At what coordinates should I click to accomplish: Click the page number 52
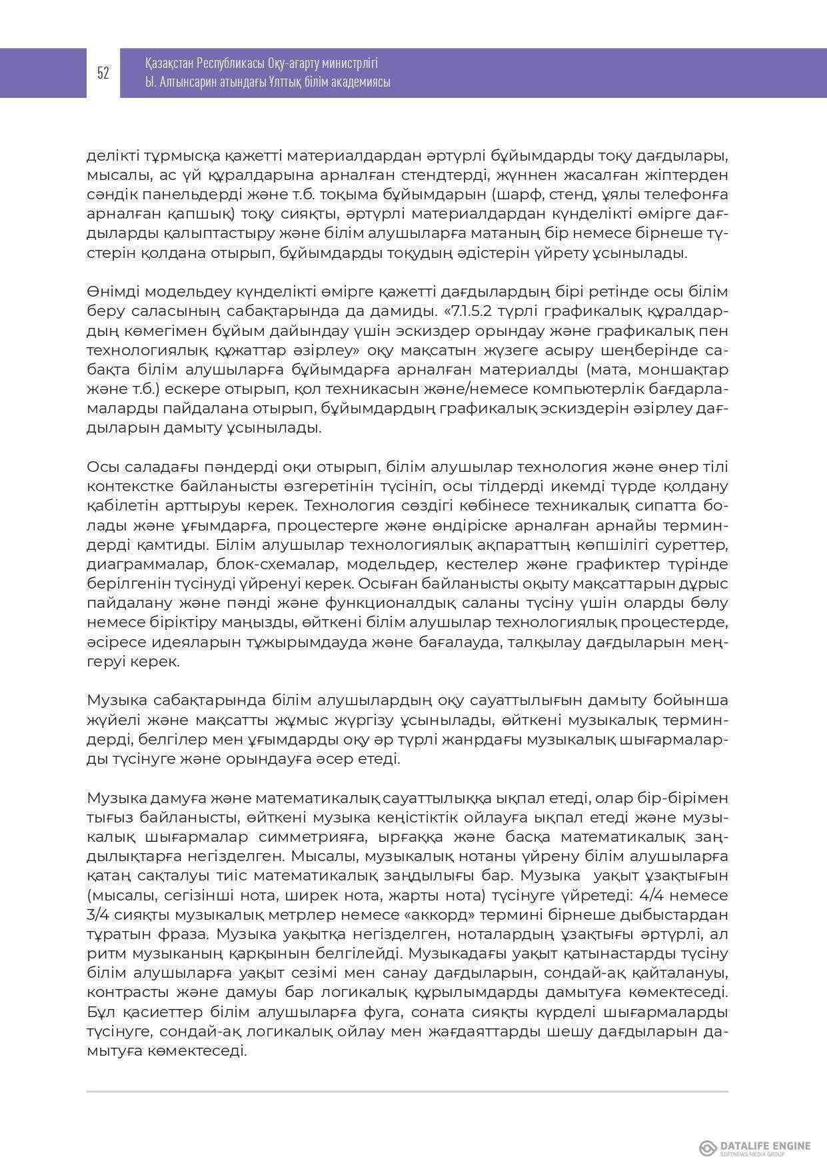coord(103,73)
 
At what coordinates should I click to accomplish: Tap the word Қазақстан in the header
coord(169,64)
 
